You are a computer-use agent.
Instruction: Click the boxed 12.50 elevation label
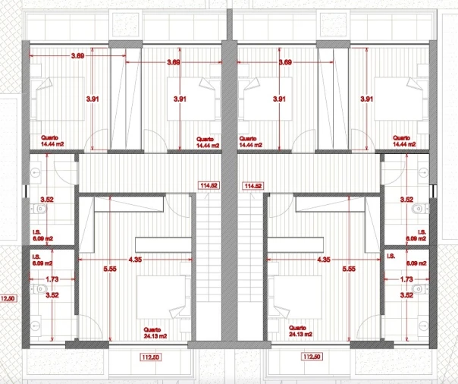8,299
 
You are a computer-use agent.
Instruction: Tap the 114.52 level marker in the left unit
209,185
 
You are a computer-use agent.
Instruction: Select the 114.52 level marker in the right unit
253,186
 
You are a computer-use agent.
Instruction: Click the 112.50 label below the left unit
151,357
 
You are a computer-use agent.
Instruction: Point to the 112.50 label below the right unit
312,357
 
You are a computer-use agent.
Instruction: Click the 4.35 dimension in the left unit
135,260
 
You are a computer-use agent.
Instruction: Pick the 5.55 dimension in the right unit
349,269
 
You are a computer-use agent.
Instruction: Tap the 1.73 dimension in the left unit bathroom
52,279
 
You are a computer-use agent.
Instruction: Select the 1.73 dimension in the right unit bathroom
406,279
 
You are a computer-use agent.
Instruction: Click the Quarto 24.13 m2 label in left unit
155,333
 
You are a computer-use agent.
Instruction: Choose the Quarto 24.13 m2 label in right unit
300,331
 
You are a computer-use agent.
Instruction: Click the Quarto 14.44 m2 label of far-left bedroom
52,140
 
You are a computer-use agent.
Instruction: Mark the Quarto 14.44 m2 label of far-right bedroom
404,141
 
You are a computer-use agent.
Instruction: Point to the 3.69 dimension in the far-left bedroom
77,55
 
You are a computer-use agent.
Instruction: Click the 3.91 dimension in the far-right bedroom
366,99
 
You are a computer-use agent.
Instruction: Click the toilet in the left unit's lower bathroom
39,289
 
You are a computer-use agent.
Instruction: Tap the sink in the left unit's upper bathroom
36,172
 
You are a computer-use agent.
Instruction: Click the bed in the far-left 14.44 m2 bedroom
58,99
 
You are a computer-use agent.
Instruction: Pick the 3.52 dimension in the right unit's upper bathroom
406,200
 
